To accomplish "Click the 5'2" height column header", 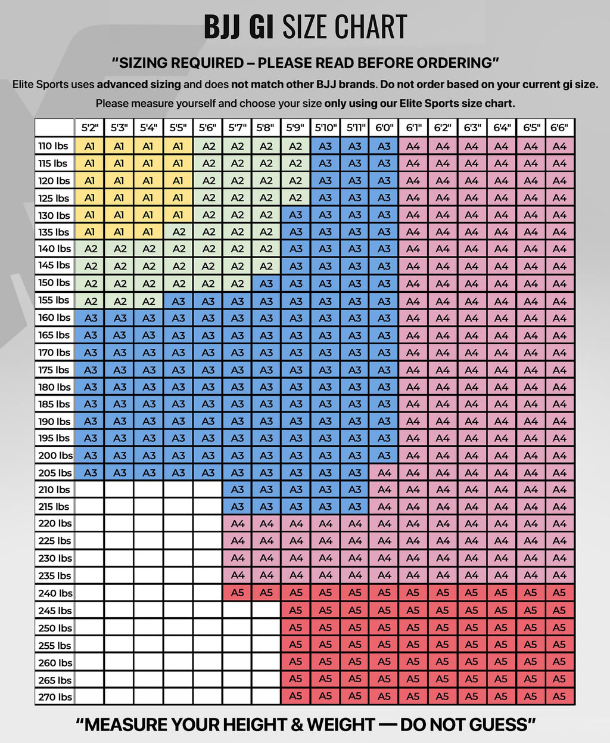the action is [90, 128].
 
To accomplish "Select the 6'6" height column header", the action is [560, 128].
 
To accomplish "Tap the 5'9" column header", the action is [295, 128].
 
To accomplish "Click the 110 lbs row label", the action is [54, 146].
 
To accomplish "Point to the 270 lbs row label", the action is [54, 697].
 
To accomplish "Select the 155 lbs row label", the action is [54, 300].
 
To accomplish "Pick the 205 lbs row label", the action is [54, 473].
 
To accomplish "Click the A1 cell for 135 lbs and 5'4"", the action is [148, 232].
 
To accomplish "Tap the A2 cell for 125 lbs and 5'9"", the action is [295, 197].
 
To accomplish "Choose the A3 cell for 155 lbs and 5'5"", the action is [178, 301].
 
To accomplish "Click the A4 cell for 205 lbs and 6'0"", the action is [384, 473].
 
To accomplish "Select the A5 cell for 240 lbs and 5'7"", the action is [237, 593].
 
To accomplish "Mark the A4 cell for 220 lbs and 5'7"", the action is [237, 524].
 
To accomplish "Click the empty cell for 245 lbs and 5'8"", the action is [266, 610].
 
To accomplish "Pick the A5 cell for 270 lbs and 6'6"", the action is [560, 697].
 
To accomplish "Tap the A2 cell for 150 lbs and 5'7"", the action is [237, 284].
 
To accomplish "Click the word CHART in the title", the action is [371, 26].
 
